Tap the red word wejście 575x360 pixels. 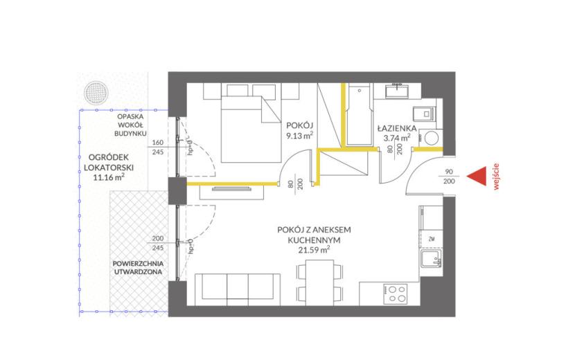point(497,177)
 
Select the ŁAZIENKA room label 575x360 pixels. point(397,128)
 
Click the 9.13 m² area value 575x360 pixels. point(299,136)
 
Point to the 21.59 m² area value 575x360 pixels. point(315,250)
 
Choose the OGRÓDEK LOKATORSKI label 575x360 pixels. point(109,163)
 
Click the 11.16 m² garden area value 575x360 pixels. point(109,177)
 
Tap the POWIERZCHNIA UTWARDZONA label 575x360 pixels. point(138,268)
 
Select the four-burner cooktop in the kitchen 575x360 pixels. point(395,294)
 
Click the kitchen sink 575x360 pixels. point(431,259)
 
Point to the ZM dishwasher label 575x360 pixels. point(431,239)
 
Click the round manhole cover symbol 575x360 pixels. point(97,93)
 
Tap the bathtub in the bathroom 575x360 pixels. point(359,114)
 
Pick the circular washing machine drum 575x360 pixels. point(431,138)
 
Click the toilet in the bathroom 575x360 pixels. point(424,114)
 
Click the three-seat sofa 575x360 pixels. point(238,289)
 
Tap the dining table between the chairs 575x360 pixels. point(320,282)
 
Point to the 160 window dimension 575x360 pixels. point(158,142)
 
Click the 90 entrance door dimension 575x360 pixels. point(449,172)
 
